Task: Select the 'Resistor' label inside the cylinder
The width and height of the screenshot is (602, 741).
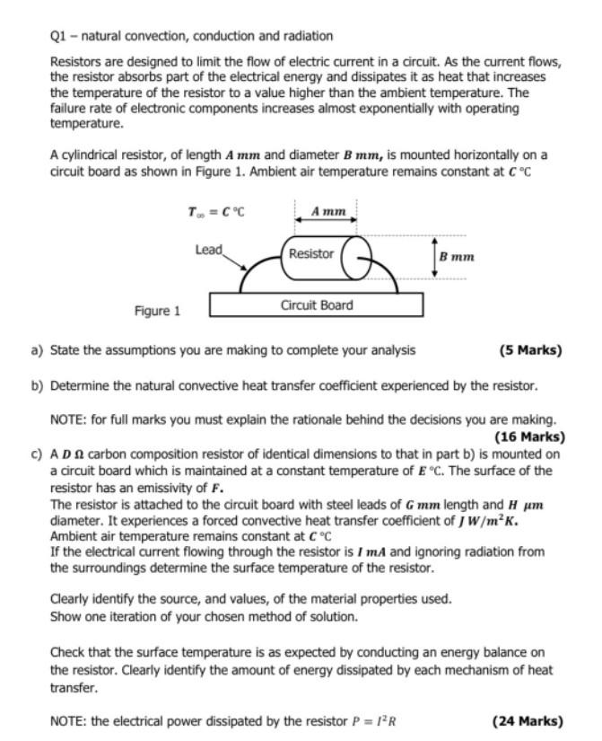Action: [311, 254]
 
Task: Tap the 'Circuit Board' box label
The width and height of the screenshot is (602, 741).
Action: [317, 305]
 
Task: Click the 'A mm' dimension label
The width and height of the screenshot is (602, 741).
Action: [327, 212]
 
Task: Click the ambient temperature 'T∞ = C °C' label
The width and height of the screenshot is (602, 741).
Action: [216, 213]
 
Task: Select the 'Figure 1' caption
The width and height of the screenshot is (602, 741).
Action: [157, 312]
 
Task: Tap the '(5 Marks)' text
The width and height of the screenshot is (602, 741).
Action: [530, 350]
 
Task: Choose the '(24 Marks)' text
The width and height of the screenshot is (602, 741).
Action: [528, 721]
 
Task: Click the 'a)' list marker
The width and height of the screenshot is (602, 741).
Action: [38, 350]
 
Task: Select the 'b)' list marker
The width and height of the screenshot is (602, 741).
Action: [38, 385]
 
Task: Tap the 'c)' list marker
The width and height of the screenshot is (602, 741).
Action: [38, 454]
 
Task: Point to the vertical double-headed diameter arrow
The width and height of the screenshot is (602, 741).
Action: [434, 257]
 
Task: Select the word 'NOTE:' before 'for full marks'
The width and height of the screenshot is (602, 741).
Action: [69, 419]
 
